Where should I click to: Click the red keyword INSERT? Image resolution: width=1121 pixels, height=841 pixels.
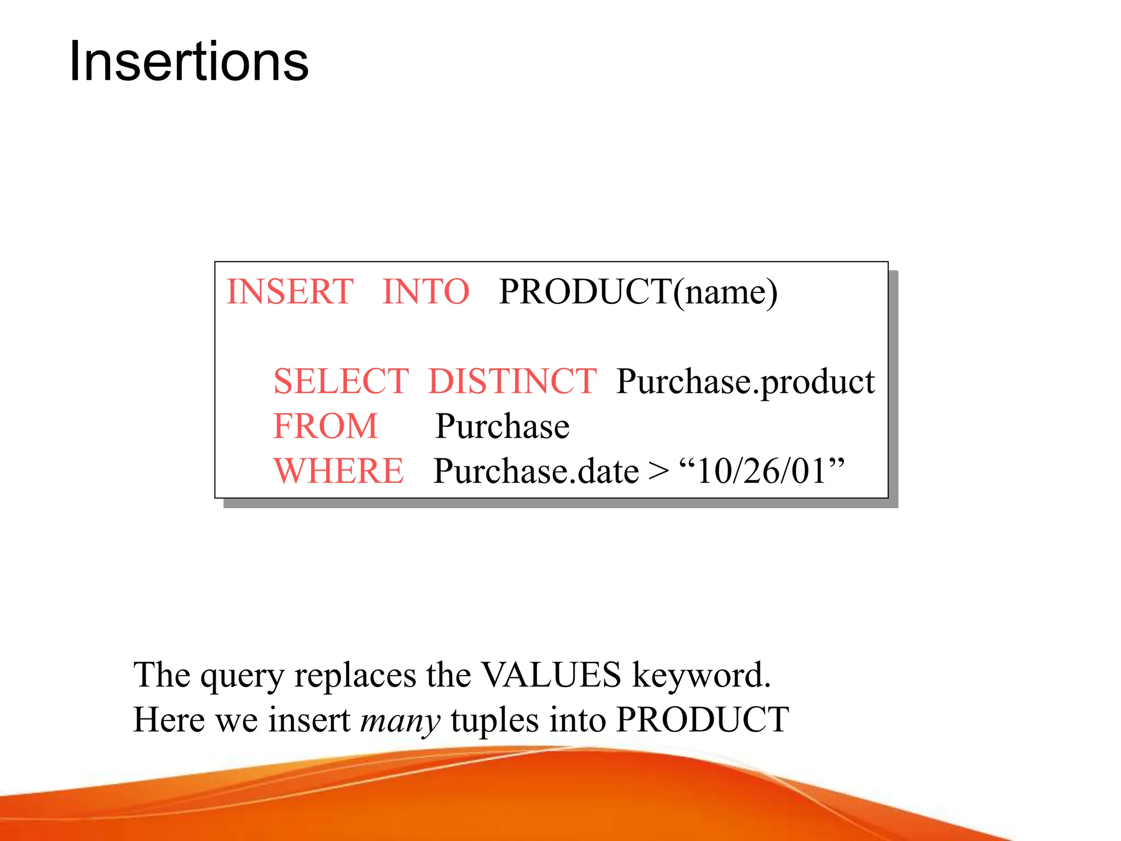click(290, 291)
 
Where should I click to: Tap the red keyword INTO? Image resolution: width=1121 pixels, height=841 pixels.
click(426, 291)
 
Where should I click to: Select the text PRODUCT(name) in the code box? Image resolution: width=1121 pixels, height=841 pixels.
click(638, 292)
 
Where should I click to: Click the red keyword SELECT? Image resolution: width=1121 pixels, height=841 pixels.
click(341, 381)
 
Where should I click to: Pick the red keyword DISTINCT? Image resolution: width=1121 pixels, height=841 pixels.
click(512, 381)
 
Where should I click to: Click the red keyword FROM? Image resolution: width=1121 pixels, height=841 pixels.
click(326, 426)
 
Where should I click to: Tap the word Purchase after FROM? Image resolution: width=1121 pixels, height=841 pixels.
click(502, 426)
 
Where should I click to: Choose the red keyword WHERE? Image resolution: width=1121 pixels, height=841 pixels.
click(339, 471)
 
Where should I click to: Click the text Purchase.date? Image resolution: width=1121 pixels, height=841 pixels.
click(536, 471)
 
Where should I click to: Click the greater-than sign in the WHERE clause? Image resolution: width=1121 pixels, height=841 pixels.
click(658, 472)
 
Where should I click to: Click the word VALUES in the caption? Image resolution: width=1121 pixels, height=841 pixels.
click(551, 675)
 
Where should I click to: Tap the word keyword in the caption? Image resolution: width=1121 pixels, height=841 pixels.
click(701, 676)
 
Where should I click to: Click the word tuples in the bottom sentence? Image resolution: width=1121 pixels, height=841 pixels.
click(494, 721)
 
